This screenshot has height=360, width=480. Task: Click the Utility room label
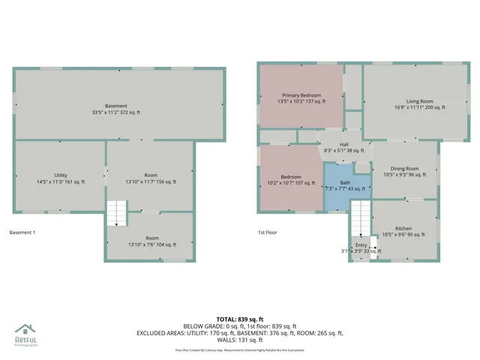60,178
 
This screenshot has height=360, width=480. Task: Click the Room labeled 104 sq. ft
151,240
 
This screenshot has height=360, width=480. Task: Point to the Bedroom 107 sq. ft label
290,178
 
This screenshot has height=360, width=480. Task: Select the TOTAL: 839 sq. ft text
241,319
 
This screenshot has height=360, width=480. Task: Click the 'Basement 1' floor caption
22,232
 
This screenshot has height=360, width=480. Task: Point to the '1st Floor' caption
268,232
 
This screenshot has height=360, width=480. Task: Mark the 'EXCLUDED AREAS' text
160,332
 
